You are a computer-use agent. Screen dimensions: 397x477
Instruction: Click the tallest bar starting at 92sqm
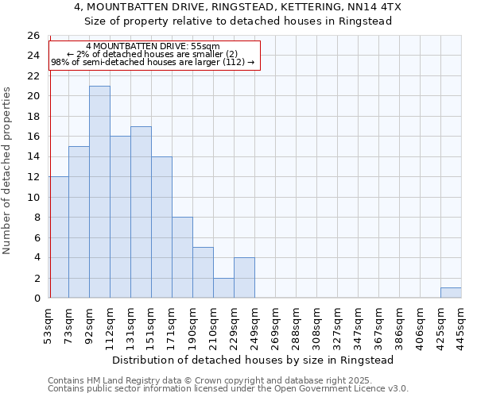point(99,192)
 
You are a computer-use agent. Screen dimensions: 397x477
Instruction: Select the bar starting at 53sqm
point(59,237)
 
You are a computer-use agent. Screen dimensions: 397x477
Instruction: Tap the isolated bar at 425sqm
point(451,293)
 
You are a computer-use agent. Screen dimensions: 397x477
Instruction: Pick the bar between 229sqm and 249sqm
point(244,278)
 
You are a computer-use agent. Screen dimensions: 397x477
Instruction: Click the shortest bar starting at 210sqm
point(223,288)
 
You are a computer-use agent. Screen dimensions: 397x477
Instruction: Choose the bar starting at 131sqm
point(141,212)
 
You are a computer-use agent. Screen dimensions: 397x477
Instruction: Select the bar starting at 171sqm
point(182,258)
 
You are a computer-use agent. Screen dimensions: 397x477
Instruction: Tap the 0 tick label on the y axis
point(37,299)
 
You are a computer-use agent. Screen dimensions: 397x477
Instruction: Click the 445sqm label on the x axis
point(462,324)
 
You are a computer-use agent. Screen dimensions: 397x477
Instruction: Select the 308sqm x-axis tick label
point(317,324)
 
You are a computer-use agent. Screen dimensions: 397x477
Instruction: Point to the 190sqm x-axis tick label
point(193,324)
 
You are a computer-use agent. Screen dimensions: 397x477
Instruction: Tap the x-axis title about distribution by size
point(253,360)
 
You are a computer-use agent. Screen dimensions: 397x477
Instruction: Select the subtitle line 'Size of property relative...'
point(238,21)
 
